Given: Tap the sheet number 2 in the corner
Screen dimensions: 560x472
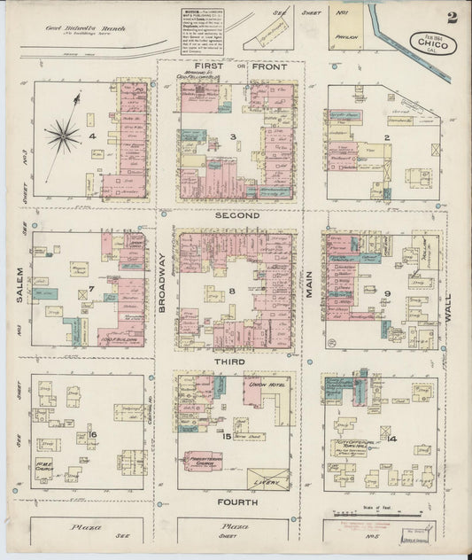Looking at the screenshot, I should (453, 17).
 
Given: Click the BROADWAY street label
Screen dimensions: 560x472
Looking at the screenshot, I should (163, 281).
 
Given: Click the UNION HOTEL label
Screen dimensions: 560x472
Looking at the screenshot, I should (267, 385).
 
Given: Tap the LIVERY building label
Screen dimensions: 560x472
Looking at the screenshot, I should (273, 482).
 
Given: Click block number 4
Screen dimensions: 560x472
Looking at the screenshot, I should (91, 136).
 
